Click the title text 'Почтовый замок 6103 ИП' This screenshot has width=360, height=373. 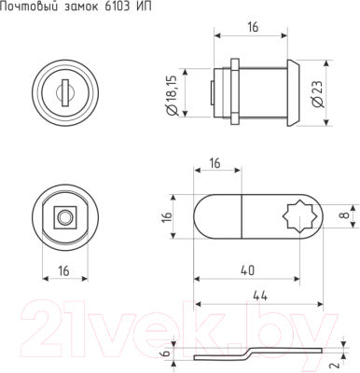(x=76, y=7)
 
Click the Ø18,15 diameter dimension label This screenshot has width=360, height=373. (x=172, y=95)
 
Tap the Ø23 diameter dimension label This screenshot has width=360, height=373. (x=317, y=94)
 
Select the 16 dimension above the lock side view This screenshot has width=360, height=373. (x=253, y=27)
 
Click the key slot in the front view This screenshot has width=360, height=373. (x=65, y=92)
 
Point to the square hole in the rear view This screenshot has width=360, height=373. (x=65, y=217)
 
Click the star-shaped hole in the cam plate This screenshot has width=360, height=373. (x=299, y=216)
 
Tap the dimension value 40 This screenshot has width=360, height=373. (x=247, y=270)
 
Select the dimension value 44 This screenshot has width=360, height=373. (x=260, y=296)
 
